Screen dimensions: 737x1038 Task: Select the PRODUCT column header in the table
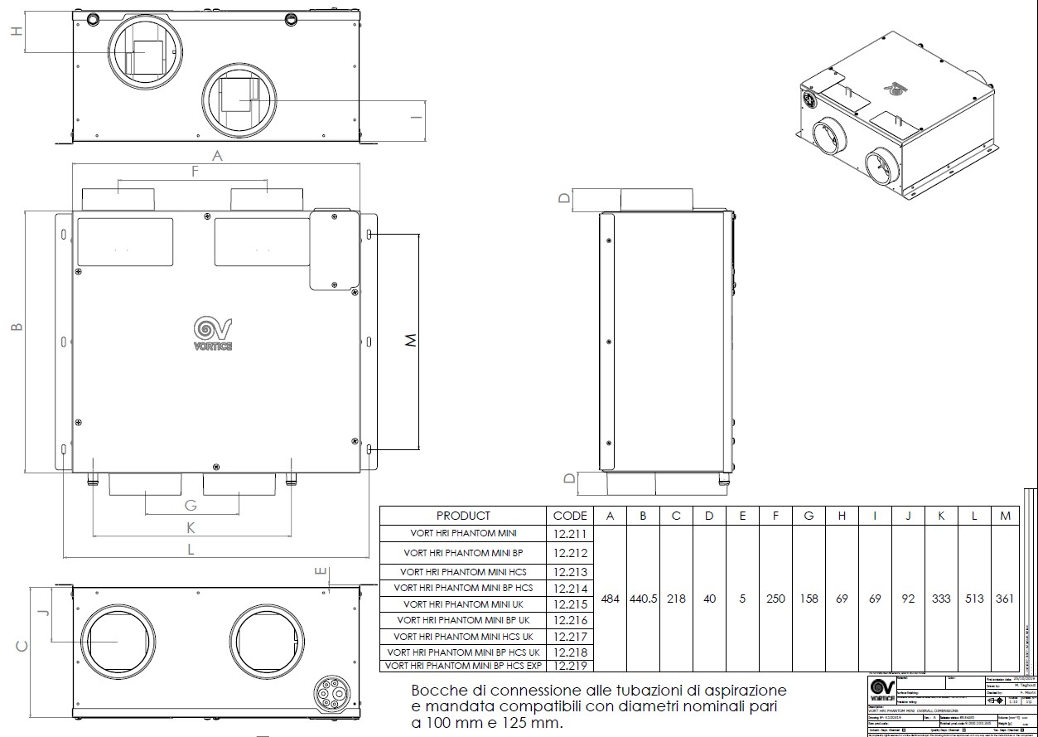pyautogui.click(x=463, y=516)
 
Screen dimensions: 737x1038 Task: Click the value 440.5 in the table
pyautogui.click(x=643, y=599)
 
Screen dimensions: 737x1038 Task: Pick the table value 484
pyautogui.click(x=610, y=599)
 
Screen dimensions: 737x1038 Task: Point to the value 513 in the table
pyautogui.click(x=974, y=599)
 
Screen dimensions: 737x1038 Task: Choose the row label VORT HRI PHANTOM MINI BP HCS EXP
pyautogui.click(x=463, y=665)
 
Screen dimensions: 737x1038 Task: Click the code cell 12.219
pyautogui.click(x=570, y=665)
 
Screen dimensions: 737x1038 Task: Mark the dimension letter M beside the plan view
pyautogui.click(x=409, y=341)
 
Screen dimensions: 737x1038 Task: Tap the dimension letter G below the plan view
pyautogui.click(x=190, y=506)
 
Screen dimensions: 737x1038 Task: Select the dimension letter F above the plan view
pyautogui.click(x=195, y=172)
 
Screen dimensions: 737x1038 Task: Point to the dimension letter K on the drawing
pyautogui.click(x=190, y=527)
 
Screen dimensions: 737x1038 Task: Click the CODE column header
pyautogui.click(x=570, y=516)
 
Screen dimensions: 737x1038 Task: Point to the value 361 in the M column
pyautogui.click(x=1006, y=599)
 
